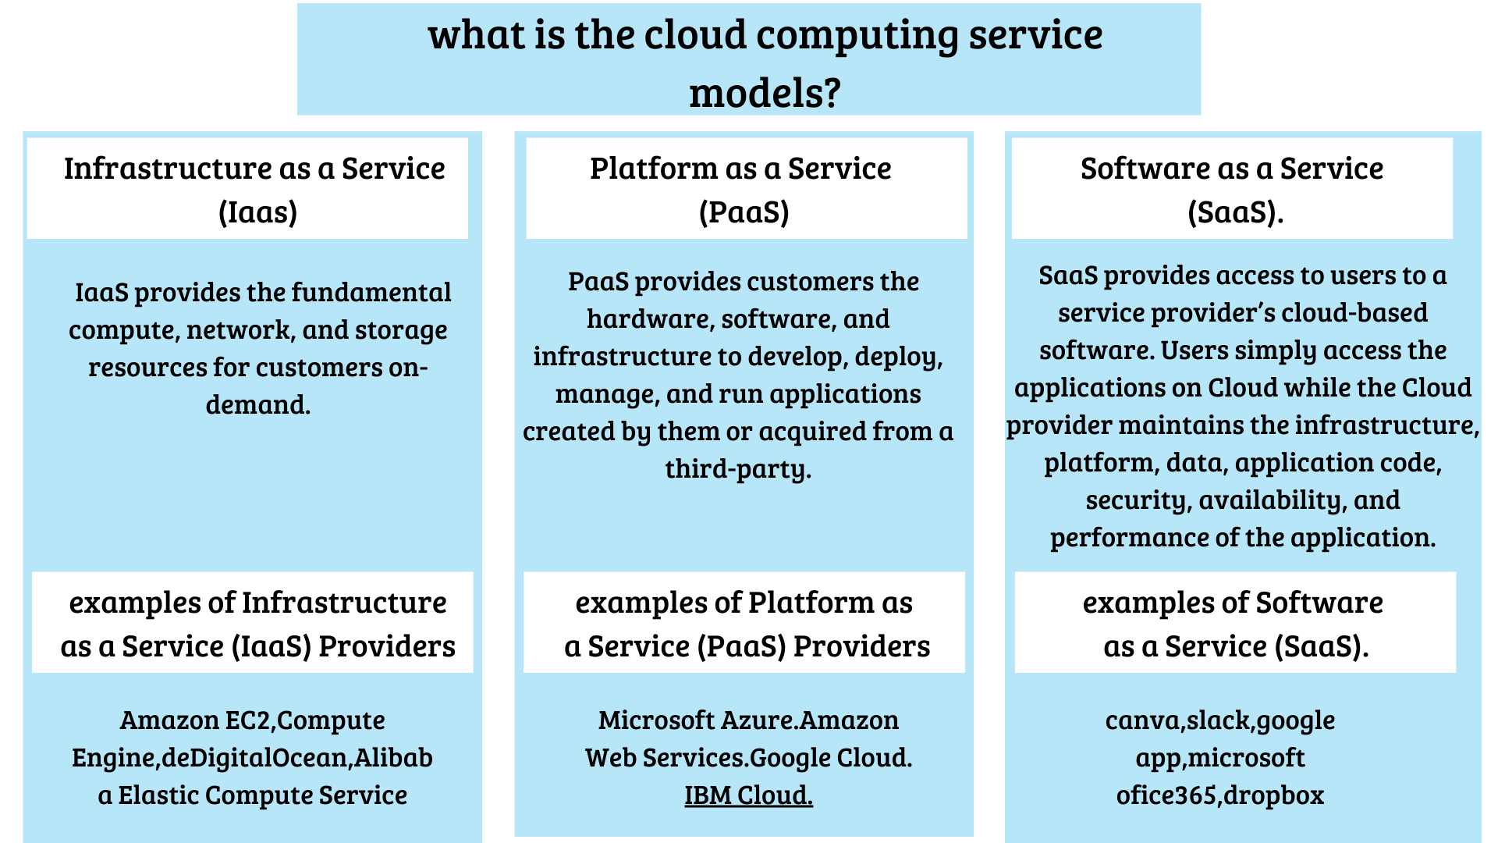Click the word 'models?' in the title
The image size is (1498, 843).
(x=765, y=93)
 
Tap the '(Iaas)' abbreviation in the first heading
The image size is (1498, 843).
(x=257, y=212)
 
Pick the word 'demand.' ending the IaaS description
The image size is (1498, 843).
(x=258, y=405)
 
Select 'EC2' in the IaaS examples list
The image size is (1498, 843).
(x=248, y=720)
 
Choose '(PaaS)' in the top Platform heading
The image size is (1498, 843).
(x=744, y=212)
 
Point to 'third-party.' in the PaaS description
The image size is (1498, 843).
(x=738, y=469)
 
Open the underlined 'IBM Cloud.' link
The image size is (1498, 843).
(x=748, y=795)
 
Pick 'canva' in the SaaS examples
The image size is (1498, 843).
(x=1143, y=720)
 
